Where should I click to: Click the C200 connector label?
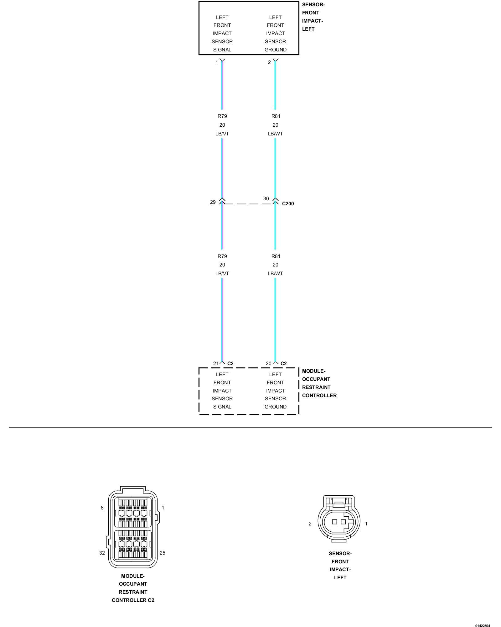tap(288, 203)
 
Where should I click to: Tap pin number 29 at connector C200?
tap(213, 202)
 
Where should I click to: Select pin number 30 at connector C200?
tap(266, 198)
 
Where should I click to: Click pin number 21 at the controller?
tap(216, 363)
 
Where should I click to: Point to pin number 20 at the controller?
tap(268, 363)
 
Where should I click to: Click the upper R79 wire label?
tap(222, 116)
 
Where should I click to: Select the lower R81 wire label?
tap(276, 256)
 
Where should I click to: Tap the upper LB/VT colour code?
tap(222, 134)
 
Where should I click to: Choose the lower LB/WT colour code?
tap(275, 273)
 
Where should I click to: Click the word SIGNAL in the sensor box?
tap(222, 50)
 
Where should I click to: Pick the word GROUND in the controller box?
tap(275, 407)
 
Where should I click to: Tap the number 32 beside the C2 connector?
tap(102, 553)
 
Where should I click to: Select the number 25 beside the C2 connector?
tap(162, 553)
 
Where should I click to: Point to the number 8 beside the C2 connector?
tap(102, 508)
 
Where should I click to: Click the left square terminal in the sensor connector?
tap(334, 522)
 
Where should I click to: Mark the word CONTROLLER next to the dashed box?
tap(319, 395)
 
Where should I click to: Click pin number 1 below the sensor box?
tap(216, 62)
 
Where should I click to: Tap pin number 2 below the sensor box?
tap(269, 62)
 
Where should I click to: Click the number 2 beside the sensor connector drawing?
tap(310, 524)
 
